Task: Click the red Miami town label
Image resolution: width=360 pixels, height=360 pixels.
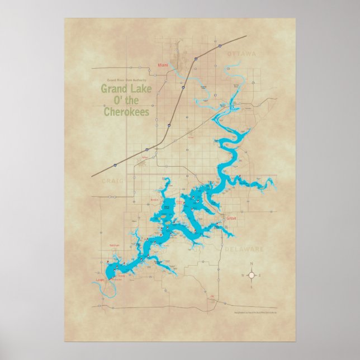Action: [163, 65]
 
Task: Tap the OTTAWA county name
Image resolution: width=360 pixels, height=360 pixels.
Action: [241, 54]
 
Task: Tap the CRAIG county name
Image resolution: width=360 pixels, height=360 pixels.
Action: [111, 181]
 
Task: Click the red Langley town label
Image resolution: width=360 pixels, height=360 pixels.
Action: [101, 280]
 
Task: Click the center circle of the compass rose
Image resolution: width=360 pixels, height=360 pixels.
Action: [252, 275]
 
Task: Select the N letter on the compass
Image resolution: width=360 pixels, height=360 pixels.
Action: [252, 263]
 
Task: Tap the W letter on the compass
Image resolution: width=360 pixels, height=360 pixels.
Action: [241, 275]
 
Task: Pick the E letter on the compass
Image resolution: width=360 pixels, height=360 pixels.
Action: [262, 275]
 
